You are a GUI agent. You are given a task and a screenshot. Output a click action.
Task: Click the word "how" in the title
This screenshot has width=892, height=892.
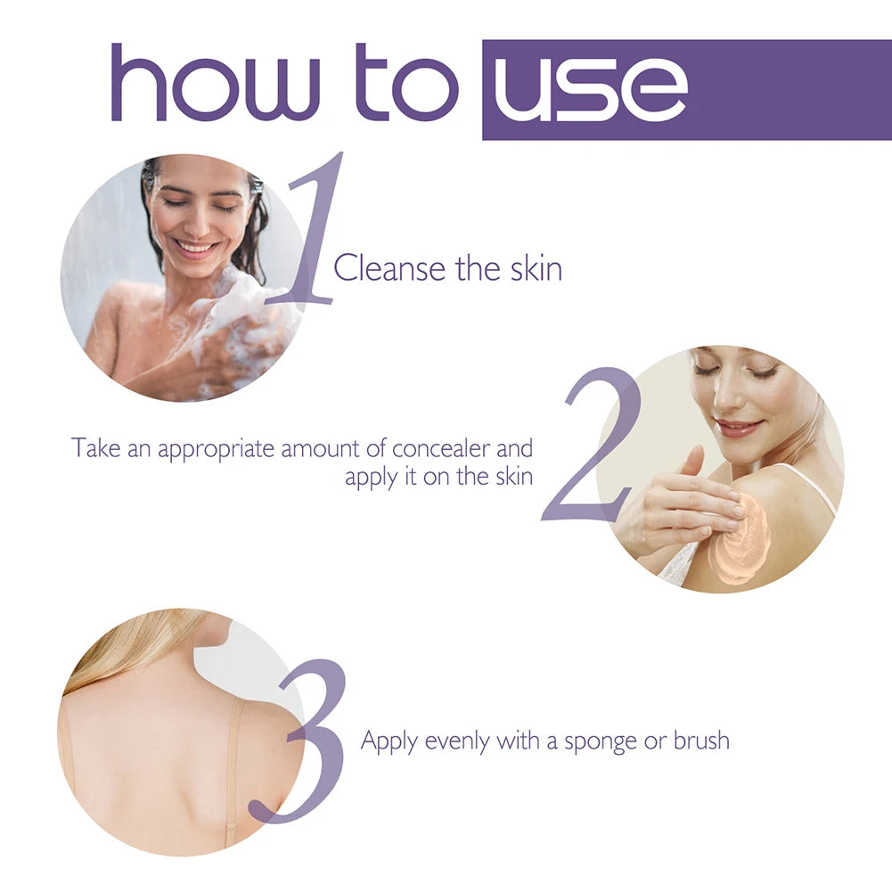point(215,83)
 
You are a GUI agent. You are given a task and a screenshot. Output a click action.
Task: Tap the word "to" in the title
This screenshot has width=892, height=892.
point(406,83)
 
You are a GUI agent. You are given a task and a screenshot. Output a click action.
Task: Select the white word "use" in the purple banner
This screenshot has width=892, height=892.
point(592,89)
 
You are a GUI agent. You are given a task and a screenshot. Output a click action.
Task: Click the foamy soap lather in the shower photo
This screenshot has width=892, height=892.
point(241,321)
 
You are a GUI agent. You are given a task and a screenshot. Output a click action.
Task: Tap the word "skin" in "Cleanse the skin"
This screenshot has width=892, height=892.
point(536,268)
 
